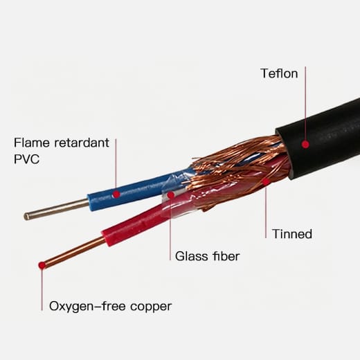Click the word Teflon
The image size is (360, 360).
279,73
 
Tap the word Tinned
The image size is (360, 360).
292,234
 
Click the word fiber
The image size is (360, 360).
226,256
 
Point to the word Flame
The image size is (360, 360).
32,143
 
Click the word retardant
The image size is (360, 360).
82,143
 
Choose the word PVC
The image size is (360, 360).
26,159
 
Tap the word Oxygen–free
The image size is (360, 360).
87,307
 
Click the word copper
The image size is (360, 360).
151,307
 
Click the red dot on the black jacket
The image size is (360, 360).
305,145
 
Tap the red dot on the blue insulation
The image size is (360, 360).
116,194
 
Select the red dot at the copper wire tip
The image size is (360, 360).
42,265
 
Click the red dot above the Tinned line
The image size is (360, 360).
266,181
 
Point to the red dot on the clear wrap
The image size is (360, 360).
170,195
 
